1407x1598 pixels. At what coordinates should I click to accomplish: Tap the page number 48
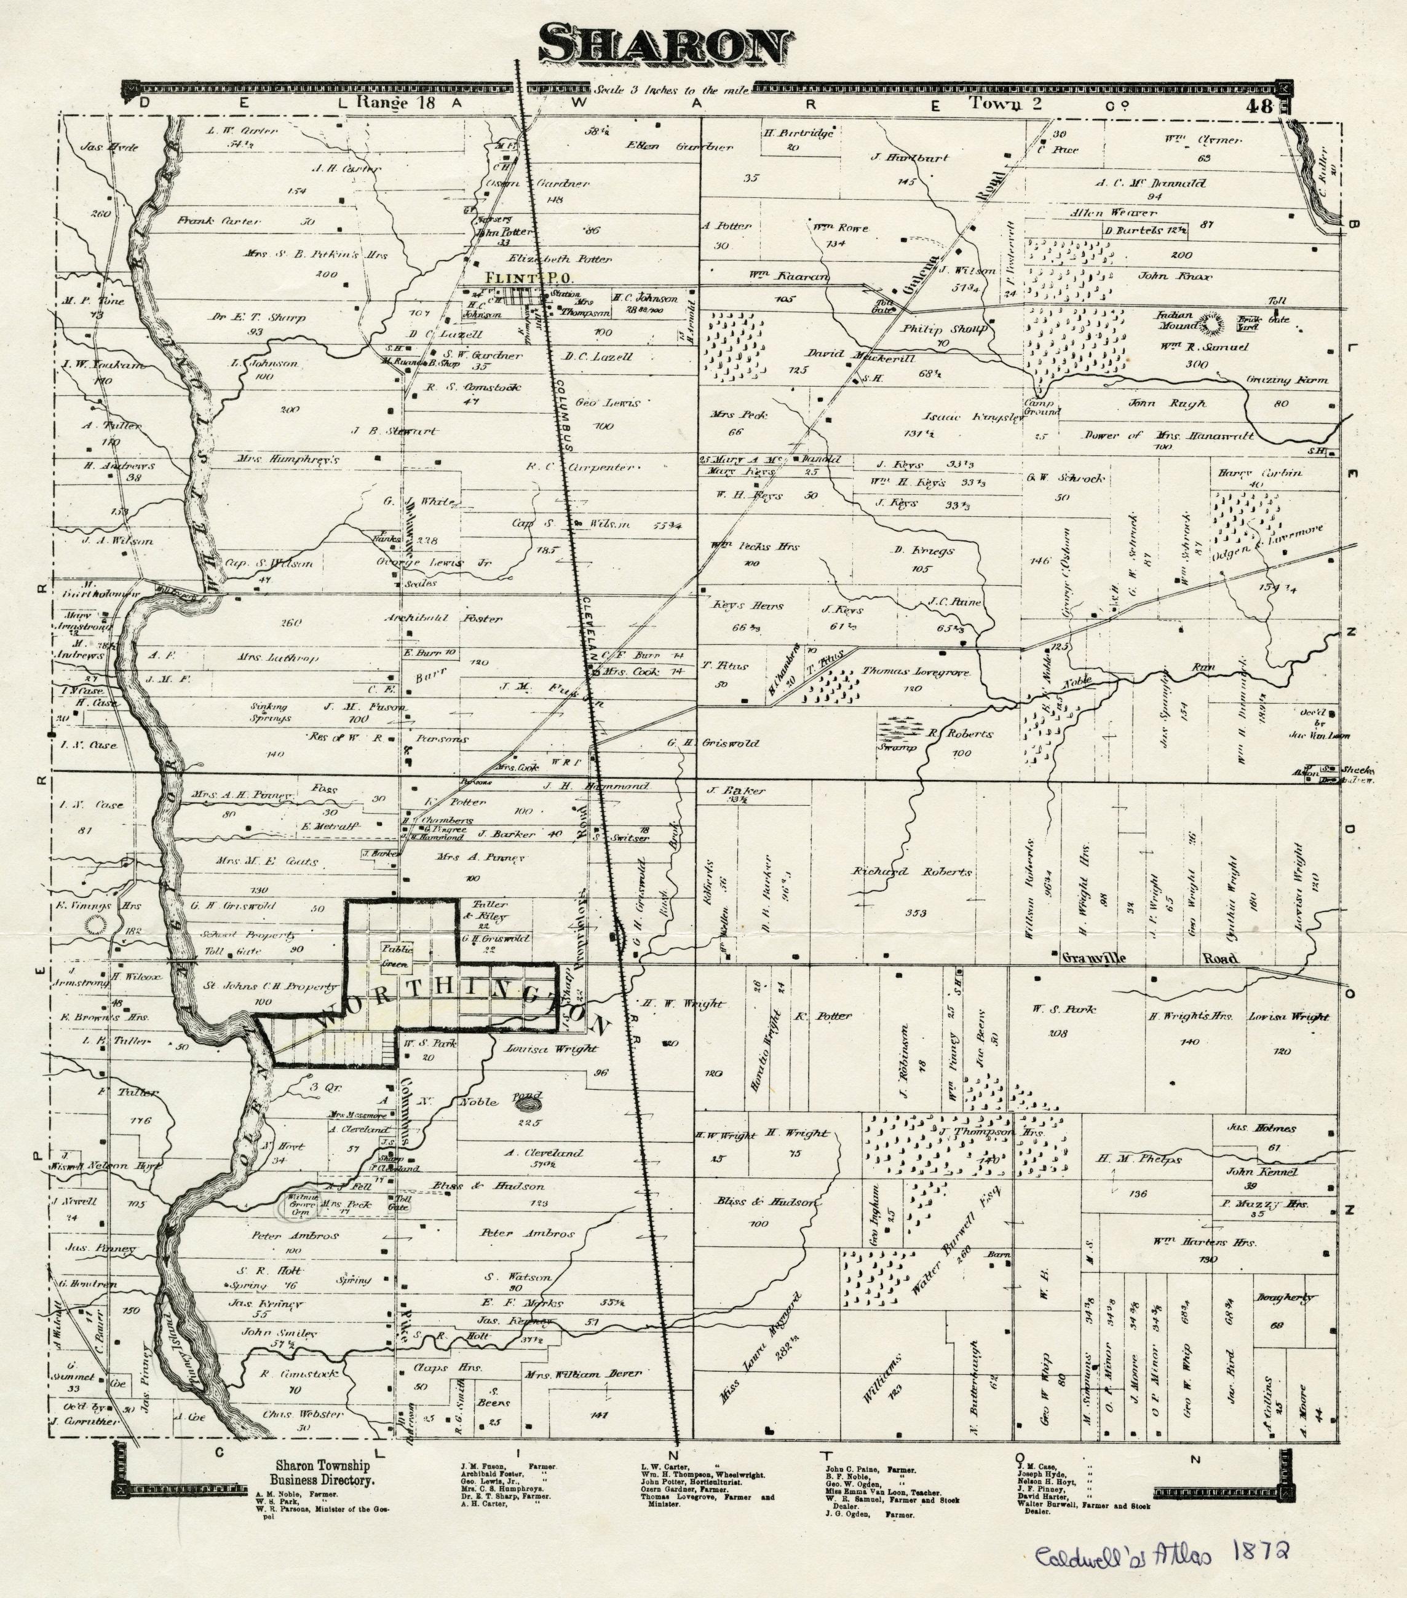coord(1261,106)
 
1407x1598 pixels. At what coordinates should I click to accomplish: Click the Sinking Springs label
coord(271,712)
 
